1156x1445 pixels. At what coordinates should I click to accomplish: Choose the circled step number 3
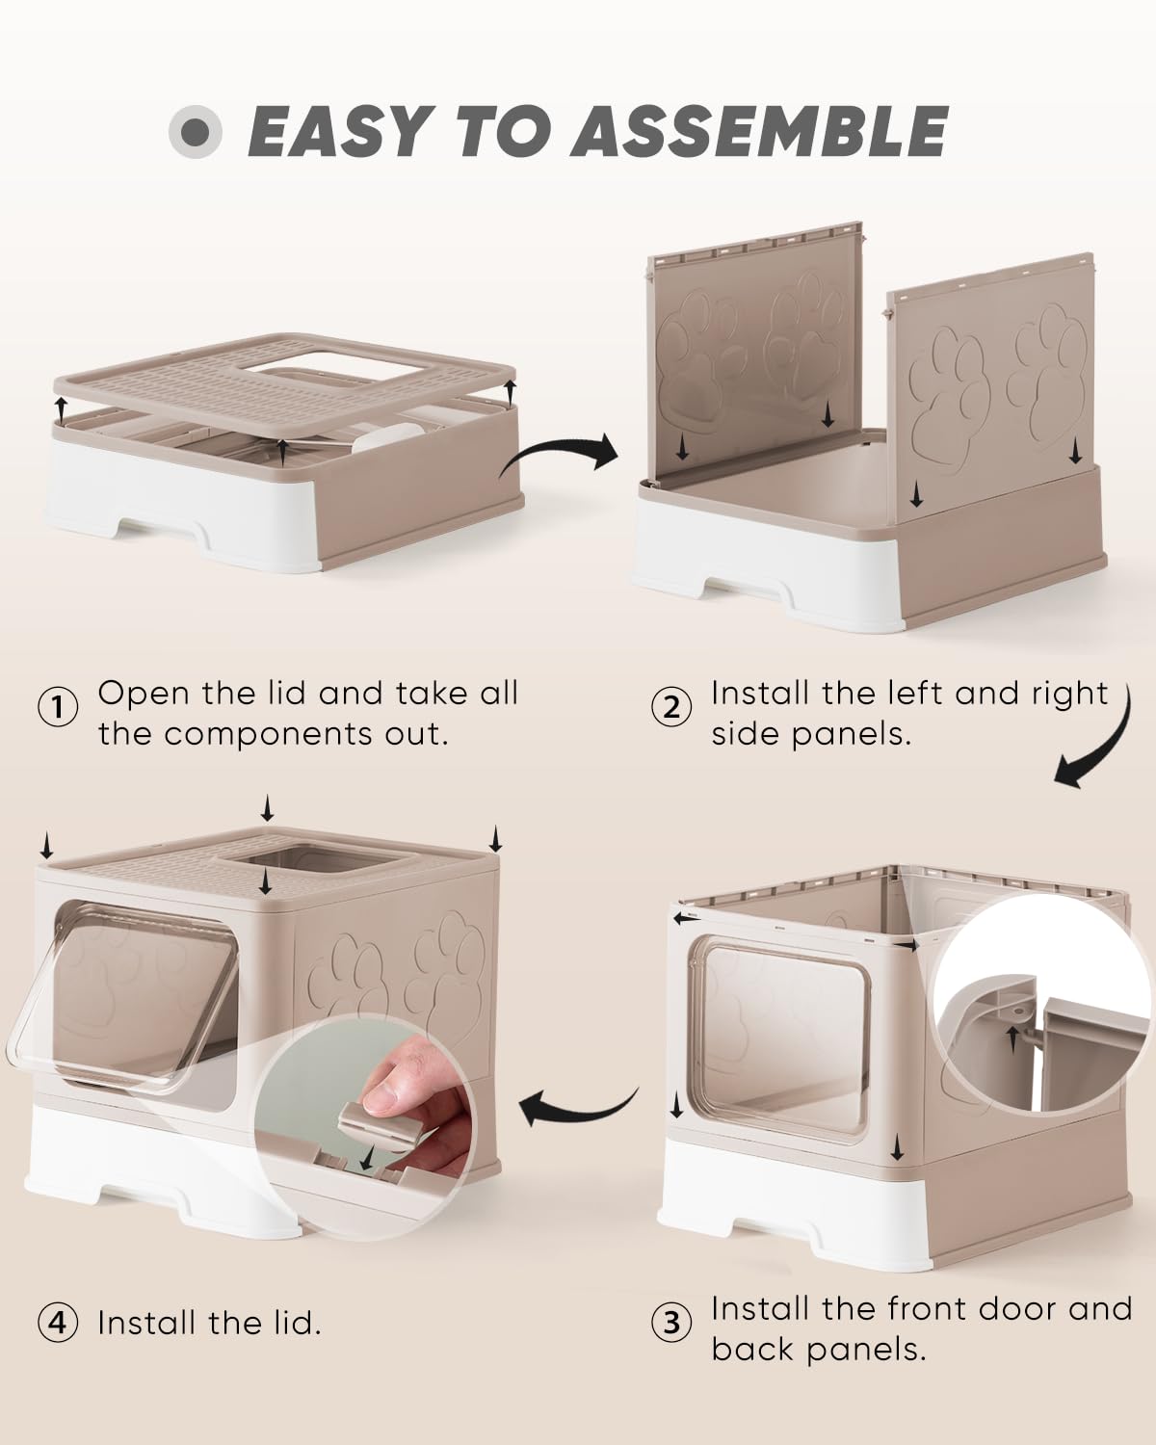pos(671,1323)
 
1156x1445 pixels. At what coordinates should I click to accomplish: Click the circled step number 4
pos(58,1323)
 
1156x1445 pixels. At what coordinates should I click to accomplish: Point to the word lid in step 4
pos(288,1323)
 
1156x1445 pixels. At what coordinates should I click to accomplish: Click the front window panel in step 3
pos(782,1040)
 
